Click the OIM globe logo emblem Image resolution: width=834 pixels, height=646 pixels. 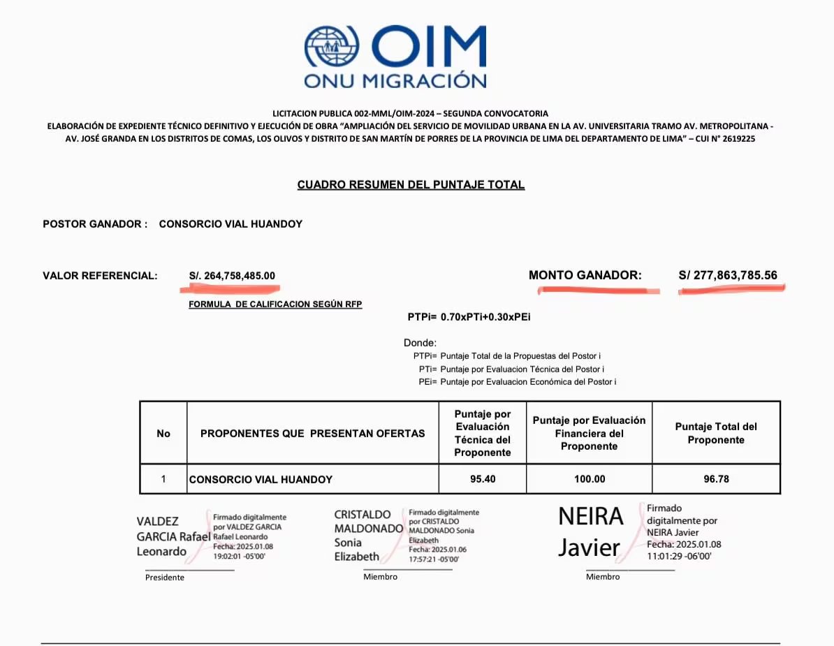(x=333, y=48)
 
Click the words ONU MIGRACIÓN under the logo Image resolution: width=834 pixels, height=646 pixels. (x=395, y=80)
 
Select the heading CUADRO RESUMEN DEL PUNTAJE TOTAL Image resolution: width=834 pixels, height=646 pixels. (x=411, y=185)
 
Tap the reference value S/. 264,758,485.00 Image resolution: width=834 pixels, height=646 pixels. (x=232, y=276)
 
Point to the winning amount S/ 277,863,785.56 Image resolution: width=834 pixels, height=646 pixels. (x=728, y=275)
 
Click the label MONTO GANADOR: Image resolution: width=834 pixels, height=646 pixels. (x=585, y=275)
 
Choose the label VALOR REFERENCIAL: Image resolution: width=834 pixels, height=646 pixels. (x=100, y=276)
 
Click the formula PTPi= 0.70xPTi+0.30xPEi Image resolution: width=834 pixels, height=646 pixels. (x=469, y=317)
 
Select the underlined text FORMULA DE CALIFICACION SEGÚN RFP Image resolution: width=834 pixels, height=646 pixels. (x=275, y=304)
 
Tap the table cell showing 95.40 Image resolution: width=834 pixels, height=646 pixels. (x=483, y=479)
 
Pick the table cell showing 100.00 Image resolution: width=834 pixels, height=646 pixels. (x=589, y=479)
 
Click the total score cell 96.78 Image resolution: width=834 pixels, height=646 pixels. (x=716, y=479)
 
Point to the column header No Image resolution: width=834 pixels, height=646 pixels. (x=163, y=434)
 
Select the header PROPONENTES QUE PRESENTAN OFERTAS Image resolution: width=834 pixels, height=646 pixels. (x=312, y=434)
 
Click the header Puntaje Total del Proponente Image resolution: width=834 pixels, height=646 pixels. (x=716, y=433)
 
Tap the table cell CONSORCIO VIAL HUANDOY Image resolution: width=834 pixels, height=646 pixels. (x=261, y=480)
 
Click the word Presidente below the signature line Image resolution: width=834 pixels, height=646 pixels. (x=165, y=578)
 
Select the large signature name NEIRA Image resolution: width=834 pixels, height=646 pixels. (x=590, y=517)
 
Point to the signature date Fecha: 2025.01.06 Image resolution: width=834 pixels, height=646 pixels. (x=437, y=550)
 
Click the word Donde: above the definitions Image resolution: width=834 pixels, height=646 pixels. (x=420, y=343)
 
